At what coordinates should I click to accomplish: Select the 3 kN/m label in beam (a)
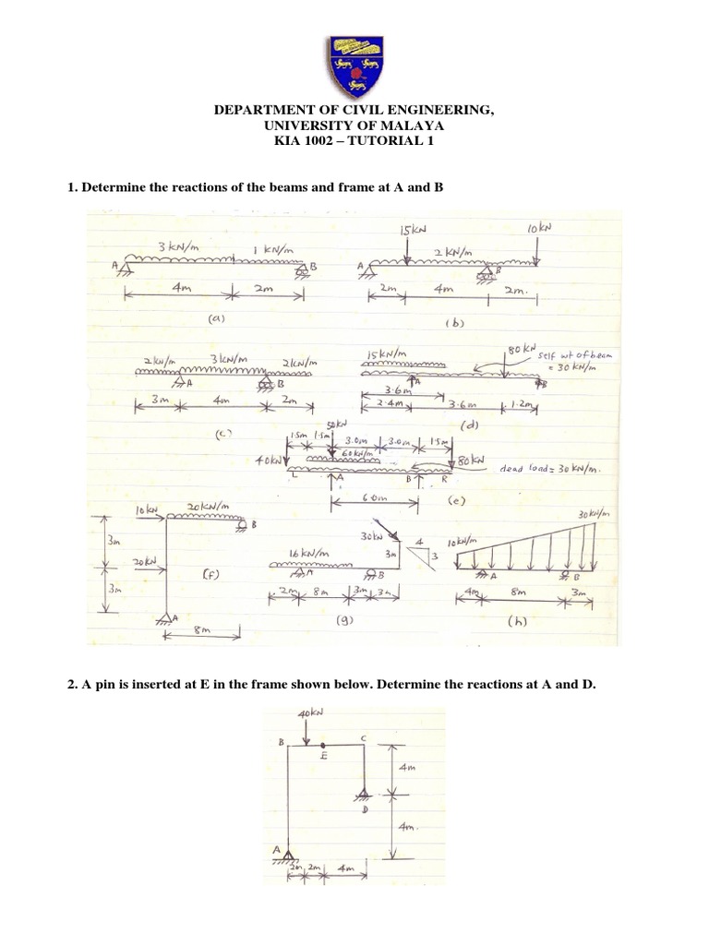tap(176, 247)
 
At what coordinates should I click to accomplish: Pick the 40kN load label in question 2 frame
tap(311, 713)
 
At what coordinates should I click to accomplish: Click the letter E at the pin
tap(324, 755)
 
